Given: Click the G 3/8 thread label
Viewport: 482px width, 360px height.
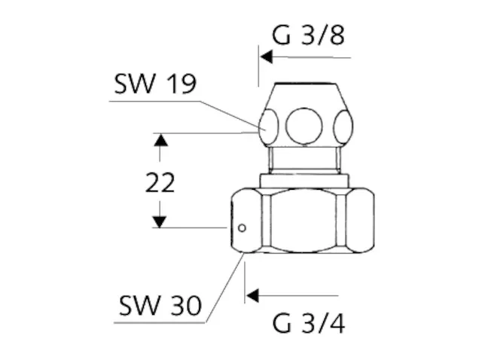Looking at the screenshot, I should coord(308,35).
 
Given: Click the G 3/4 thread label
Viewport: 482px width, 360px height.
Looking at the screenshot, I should coord(308,323).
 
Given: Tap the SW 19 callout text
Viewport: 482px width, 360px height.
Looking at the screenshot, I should coord(155,84).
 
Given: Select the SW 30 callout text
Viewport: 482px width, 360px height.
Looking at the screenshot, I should coord(160,306).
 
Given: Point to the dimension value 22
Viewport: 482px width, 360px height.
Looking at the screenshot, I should coord(159,182).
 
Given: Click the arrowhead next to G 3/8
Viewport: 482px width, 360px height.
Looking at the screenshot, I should coord(266,57).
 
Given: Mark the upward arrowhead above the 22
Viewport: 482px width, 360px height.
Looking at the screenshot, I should coord(159,140).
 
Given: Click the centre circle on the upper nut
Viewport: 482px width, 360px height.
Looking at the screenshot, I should coord(304,124).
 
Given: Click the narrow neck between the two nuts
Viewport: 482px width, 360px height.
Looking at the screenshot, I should coord(304,159).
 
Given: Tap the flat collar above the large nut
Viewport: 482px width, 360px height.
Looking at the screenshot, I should coord(304,180).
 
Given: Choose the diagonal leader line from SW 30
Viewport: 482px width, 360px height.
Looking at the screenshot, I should coord(224,289).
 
